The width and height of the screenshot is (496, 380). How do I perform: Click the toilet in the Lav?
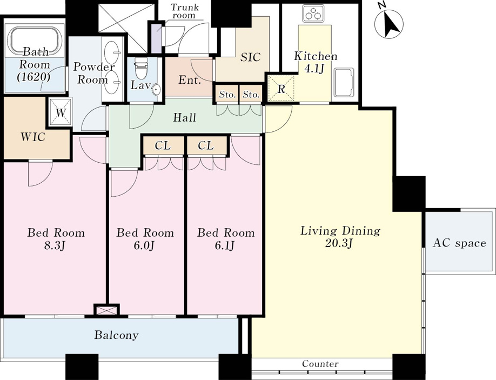(x=142, y=68)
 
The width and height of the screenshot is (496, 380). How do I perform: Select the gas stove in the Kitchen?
(x=313, y=14)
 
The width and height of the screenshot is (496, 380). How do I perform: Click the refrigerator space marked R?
(x=281, y=88)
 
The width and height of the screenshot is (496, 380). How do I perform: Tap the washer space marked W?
(x=60, y=112)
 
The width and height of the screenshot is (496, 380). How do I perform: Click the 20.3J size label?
(x=339, y=243)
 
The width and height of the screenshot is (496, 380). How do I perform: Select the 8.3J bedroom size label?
(x=56, y=245)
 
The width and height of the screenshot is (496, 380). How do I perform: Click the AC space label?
(x=459, y=243)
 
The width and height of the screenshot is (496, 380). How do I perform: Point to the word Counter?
(x=320, y=364)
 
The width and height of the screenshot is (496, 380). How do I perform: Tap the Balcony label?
(x=116, y=335)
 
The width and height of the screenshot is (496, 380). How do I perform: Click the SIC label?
(x=250, y=57)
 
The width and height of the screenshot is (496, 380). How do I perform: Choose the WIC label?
(x=33, y=137)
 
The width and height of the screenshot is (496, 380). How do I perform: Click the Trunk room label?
(x=184, y=11)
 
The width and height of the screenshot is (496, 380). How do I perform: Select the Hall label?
(x=184, y=118)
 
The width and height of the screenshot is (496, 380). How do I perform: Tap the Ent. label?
(x=190, y=80)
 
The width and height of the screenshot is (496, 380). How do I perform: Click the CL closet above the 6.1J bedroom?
(x=206, y=145)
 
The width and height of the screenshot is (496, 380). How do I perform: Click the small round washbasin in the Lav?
(x=156, y=91)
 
